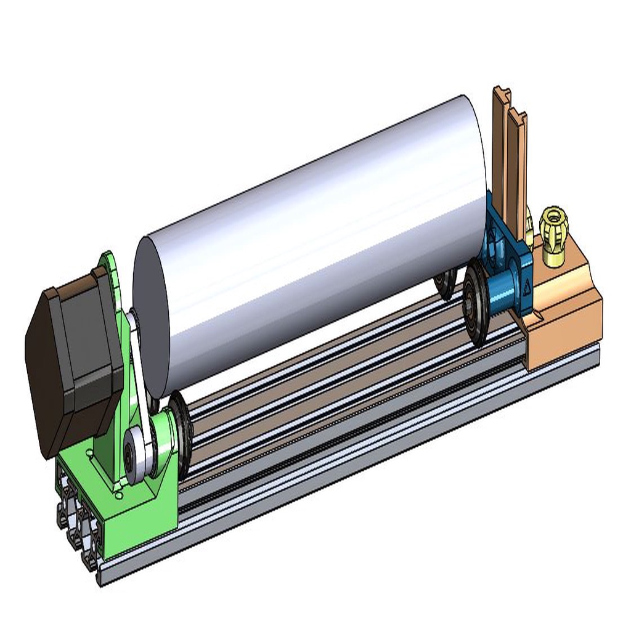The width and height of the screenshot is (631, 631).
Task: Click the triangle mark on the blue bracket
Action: coord(527,289)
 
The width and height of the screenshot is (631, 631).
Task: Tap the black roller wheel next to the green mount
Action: coord(181,425)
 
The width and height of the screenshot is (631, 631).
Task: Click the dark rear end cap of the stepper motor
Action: coord(43,370)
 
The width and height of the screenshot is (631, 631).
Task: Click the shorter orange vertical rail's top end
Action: coord(518,117)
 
